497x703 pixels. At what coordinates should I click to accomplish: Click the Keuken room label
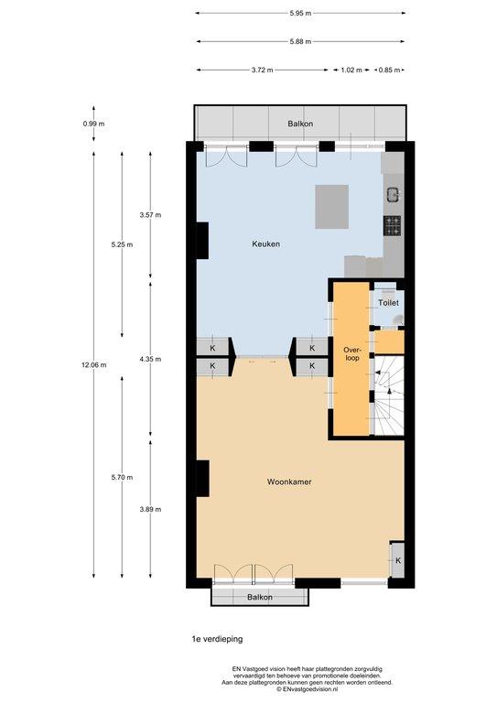pos(265,243)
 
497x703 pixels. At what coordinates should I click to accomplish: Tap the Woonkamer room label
pos(289,482)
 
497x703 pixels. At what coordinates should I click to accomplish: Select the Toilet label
pos(388,303)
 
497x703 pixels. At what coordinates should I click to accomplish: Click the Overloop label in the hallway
pos(351,353)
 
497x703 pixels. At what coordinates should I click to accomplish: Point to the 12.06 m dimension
pos(94,365)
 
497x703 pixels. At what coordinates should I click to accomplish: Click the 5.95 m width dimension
pos(300,13)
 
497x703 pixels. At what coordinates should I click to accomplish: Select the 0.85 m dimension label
pos(389,70)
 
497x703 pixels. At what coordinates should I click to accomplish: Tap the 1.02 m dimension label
pos(351,70)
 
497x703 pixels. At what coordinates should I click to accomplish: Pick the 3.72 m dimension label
pos(262,70)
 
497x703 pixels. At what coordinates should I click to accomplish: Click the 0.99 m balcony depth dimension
pos(93,124)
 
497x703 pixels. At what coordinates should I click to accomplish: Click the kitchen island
pos(331,207)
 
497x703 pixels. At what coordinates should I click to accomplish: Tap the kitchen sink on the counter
pos(393,195)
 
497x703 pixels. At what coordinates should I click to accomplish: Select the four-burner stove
pos(392,225)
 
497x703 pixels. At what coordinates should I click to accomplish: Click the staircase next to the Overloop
pos(389,395)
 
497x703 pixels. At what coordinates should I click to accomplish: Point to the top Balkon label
pos(300,124)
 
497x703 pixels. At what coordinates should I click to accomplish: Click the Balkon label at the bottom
pos(259,597)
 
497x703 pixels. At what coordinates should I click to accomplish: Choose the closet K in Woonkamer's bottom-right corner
pos(398,560)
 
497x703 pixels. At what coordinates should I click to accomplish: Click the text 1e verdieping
pos(217,639)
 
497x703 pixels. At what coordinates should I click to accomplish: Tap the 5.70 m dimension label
pos(122,478)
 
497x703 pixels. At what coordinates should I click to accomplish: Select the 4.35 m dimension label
pos(150,359)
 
